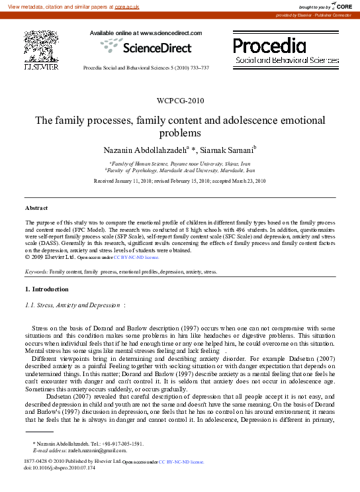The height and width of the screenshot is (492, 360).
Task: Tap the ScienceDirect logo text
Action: pyautogui.click(x=156, y=48)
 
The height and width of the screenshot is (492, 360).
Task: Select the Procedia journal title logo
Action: pyautogui.click(x=269, y=46)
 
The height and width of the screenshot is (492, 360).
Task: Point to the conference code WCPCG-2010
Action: pyautogui.click(x=180, y=101)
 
